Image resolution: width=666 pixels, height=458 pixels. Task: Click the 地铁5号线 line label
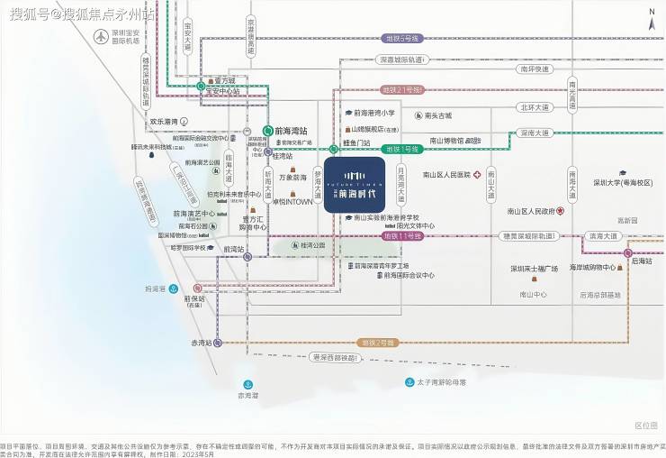401,39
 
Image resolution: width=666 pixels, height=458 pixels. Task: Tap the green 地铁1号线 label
401,149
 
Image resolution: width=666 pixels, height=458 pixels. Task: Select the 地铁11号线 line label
402,235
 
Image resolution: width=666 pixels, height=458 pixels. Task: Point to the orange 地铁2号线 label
378,343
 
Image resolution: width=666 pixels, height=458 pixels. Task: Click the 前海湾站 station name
291,130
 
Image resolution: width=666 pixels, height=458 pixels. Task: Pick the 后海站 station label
641,261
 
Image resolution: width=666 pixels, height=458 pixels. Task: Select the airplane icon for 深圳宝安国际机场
99,37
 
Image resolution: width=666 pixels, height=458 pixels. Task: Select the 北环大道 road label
534,107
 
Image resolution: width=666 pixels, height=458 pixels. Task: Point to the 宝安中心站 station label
223,91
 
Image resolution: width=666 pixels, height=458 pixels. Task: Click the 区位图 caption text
645,425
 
